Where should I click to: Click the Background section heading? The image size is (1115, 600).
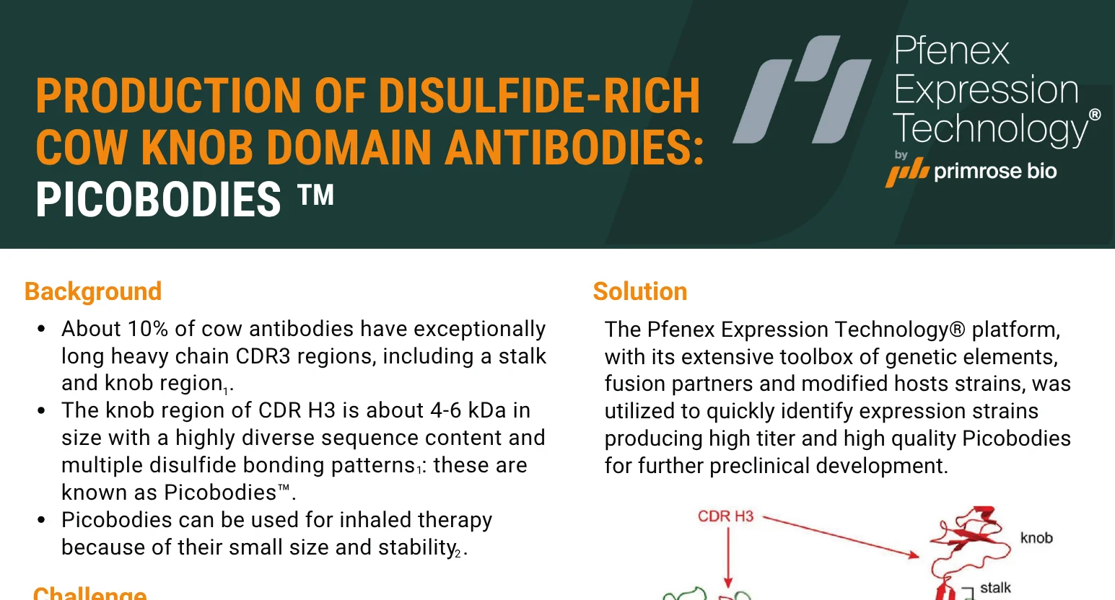click(93, 291)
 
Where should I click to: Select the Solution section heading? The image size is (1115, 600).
click(639, 291)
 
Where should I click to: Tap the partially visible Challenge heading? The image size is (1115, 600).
click(89, 593)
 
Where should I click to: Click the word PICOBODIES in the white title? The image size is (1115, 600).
click(158, 200)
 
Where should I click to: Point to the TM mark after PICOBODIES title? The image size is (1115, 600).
click(315, 195)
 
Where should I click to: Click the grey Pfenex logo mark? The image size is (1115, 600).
click(802, 89)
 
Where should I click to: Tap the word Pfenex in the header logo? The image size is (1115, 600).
click(951, 50)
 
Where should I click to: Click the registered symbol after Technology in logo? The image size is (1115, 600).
click(1095, 115)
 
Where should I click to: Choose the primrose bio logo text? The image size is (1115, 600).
click(995, 171)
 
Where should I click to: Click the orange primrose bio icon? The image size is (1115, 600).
click(907, 172)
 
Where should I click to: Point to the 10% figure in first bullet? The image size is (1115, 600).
click(147, 329)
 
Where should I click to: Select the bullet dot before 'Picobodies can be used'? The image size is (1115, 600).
click(41, 520)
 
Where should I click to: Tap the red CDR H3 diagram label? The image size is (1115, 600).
click(726, 516)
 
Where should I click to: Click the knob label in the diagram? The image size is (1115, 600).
click(1036, 538)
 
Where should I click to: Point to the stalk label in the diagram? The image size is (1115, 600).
click(995, 588)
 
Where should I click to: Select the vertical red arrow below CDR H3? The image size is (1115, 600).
click(728, 557)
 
